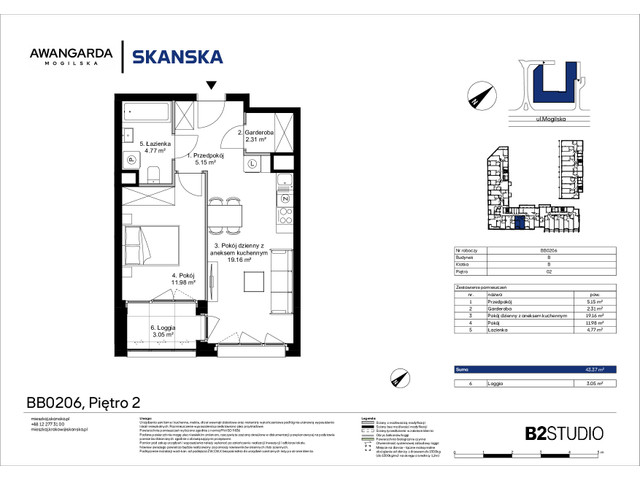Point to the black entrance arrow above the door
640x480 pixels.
pyautogui.click(x=210, y=86)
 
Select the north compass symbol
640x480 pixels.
pyautogui.click(x=476, y=97)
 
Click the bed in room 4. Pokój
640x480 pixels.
pyautogui.click(x=151, y=245)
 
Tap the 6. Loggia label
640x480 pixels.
pyautogui.click(x=154, y=329)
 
